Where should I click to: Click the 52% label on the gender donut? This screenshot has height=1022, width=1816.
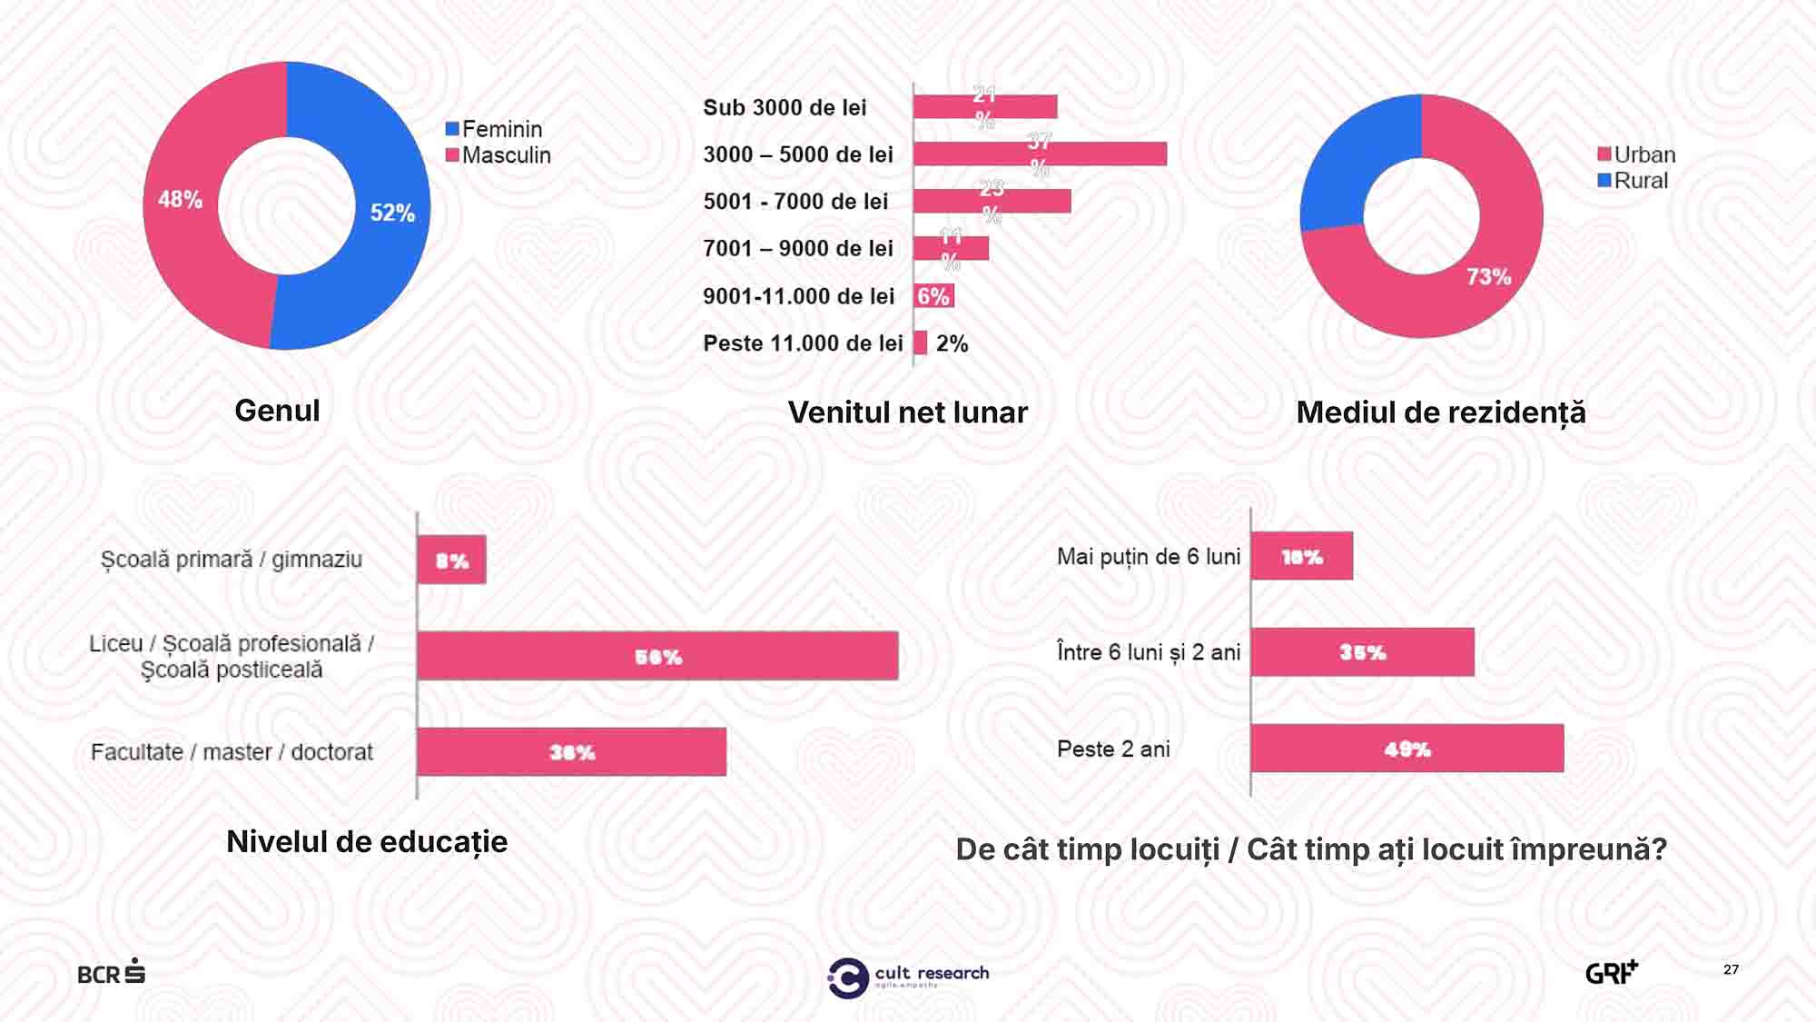pyautogui.click(x=392, y=213)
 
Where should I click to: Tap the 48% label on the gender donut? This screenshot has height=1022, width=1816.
pyautogui.click(x=180, y=200)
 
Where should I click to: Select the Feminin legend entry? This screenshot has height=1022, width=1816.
pyautogui.click(x=494, y=129)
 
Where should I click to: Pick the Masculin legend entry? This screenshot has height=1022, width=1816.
pyautogui.click(x=498, y=155)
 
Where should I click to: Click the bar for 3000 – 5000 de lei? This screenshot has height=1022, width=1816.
pyautogui.click(x=1040, y=154)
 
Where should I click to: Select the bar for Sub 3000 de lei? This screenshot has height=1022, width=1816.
pyautogui.click(x=985, y=107)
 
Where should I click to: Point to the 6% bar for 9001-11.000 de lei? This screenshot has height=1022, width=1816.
pyautogui.click(x=933, y=296)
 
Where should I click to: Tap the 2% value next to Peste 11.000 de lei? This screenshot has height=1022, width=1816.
pyautogui.click(x=952, y=343)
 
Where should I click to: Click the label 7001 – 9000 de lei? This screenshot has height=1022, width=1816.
pyautogui.click(x=798, y=248)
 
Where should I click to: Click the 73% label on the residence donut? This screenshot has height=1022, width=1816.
pyautogui.click(x=1489, y=276)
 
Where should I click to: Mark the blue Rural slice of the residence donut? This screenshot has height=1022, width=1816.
pyautogui.click(x=1351, y=164)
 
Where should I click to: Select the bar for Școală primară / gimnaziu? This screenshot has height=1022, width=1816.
pyautogui.click(x=451, y=560)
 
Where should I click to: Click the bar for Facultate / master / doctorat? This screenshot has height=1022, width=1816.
pyautogui.click(x=571, y=751)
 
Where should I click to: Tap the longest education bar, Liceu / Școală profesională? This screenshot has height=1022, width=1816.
pyautogui.click(x=657, y=656)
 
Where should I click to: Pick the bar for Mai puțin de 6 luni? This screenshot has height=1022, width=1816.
pyautogui.click(x=1301, y=556)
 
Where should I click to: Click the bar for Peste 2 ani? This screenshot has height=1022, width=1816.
pyautogui.click(x=1406, y=749)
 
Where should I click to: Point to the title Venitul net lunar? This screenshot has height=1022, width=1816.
pyautogui.click(x=907, y=412)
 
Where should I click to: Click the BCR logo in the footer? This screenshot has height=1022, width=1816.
pyautogui.click(x=111, y=972)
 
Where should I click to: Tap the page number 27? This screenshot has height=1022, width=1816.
pyautogui.click(x=1731, y=969)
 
